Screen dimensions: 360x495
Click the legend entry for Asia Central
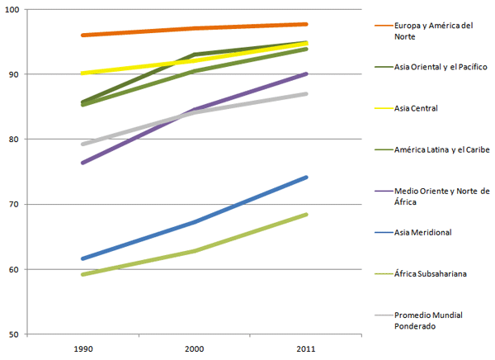[x=416, y=108]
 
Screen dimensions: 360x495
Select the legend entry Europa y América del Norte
[x=432, y=31]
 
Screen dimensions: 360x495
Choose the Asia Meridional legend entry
[x=422, y=232]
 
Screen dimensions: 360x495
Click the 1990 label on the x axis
[x=82, y=349]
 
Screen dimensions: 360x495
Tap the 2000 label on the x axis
[x=193, y=349]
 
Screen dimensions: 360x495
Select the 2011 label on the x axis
[x=305, y=349]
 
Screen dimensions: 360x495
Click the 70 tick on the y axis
[x=19, y=204]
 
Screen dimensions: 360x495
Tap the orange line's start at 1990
[x=82, y=36]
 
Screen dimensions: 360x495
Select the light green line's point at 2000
[x=194, y=250]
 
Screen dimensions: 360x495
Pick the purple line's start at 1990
[x=82, y=163]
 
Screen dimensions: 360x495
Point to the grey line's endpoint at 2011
[x=306, y=93]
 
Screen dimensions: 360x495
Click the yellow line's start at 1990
[x=82, y=73]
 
